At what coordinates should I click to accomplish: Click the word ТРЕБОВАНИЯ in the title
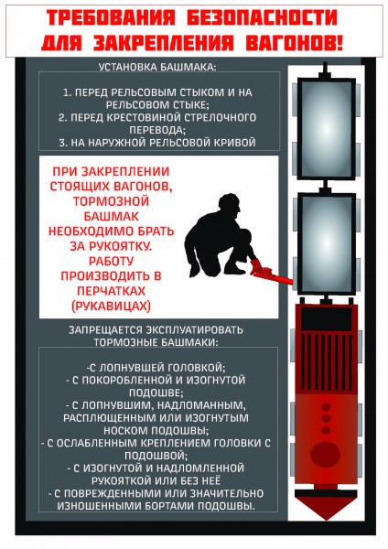click(x=111, y=18)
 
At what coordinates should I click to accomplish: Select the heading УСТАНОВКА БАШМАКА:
click(x=157, y=67)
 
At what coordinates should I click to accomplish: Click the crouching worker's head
click(x=230, y=204)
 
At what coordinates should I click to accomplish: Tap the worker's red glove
click(x=256, y=265)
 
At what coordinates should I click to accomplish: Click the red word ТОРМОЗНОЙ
click(x=112, y=201)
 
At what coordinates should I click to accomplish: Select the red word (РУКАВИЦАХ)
click(x=111, y=307)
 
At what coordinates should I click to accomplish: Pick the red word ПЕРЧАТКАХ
click(x=111, y=291)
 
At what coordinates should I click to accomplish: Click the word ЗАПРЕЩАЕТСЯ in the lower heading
click(x=106, y=330)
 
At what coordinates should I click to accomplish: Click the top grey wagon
click(x=326, y=129)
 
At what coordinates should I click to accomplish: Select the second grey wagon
click(x=326, y=243)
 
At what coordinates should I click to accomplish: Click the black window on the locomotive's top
click(x=327, y=319)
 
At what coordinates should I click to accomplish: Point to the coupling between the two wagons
click(x=326, y=187)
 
